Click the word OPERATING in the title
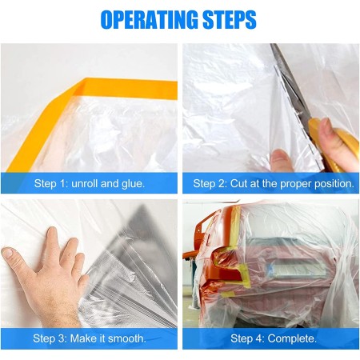tap(150, 20)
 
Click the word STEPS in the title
tap(230, 20)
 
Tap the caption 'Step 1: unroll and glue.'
tap(90, 183)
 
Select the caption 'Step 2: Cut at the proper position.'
tap(274, 183)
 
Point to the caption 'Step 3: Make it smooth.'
tap(90, 338)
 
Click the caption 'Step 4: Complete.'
tap(274, 338)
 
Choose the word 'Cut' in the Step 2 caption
tap(238, 183)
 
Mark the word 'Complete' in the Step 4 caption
tap(290, 338)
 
